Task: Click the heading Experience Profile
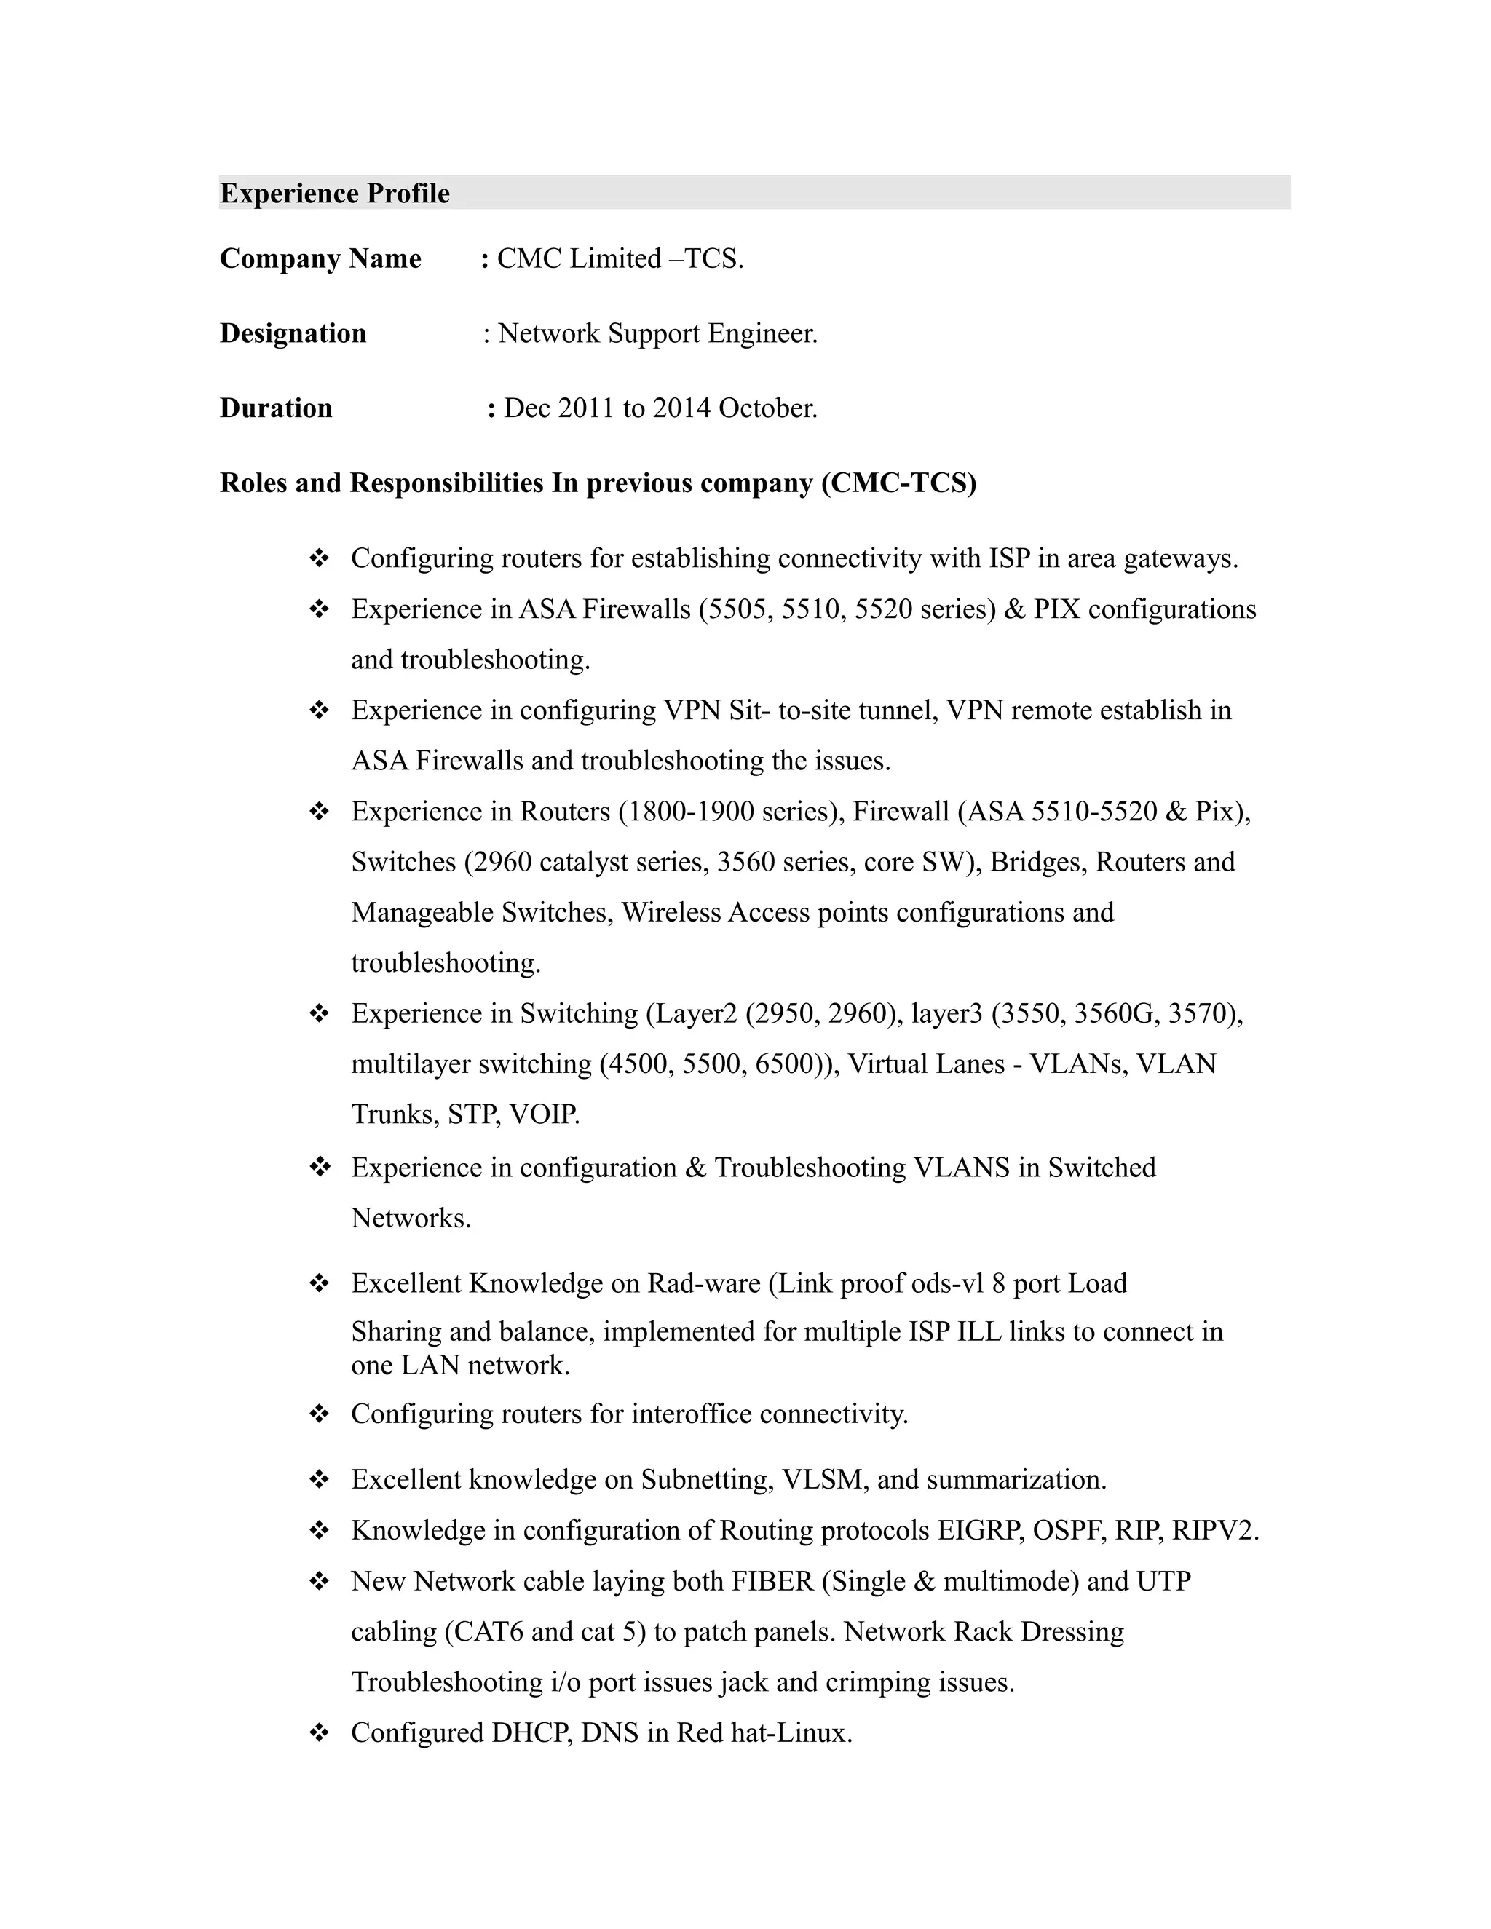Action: [x=334, y=194]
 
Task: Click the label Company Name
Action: [x=320, y=259]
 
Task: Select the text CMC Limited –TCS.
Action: [x=620, y=259]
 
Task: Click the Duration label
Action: [x=276, y=408]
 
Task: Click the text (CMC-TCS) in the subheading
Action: [x=898, y=483]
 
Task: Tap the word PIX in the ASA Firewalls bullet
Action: [x=1056, y=609]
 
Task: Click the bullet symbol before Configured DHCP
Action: [x=319, y=1733]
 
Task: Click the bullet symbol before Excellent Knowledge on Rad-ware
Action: [x=319, y=1283]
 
